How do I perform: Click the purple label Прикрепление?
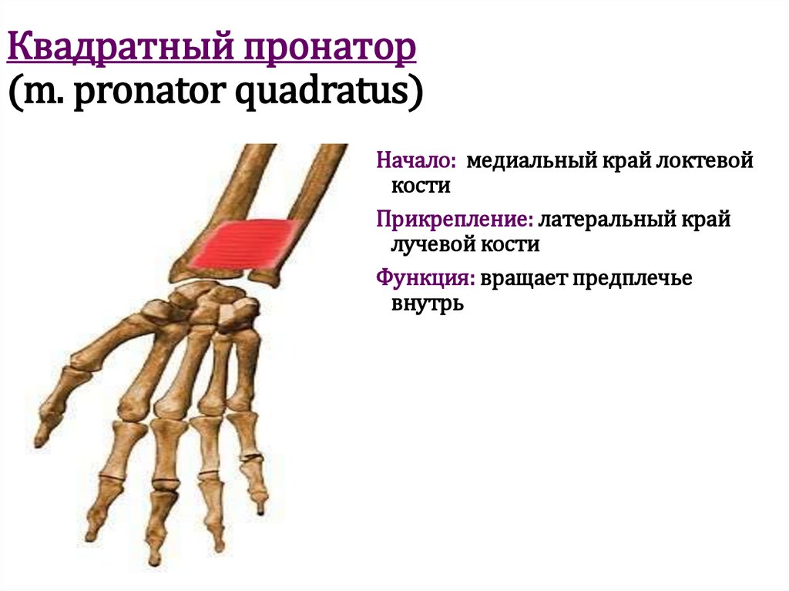tap(455, 220)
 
